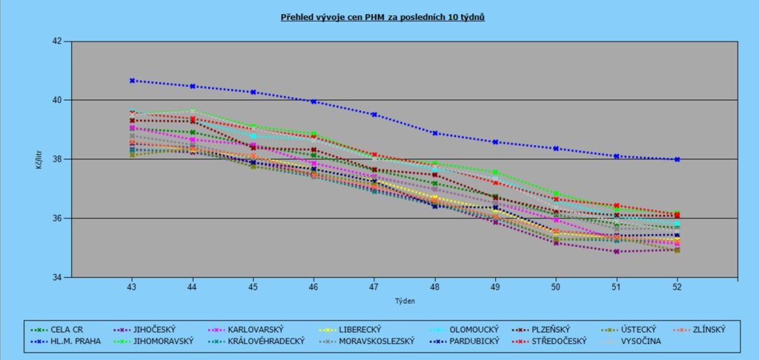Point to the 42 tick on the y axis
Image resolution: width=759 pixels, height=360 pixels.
pos(57,41)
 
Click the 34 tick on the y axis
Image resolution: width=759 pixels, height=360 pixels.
pos(57,277)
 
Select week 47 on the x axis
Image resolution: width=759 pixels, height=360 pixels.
pos(374,286)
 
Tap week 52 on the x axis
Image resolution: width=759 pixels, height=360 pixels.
pos(677,286)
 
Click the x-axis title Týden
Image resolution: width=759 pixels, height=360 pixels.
pos(404,301)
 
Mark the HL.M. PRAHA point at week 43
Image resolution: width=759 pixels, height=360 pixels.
pos(132,81)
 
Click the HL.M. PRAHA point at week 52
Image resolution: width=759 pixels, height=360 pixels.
pos(677,159)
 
